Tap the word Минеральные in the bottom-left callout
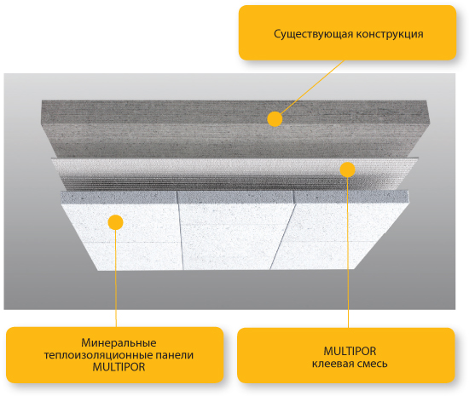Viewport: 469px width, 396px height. point(119,343)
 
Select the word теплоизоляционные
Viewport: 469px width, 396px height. point(98,355)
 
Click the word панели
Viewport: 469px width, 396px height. point(174,355)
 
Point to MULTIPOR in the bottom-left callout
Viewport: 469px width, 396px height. point(119,367)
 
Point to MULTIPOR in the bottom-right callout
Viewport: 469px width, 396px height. point(350,351)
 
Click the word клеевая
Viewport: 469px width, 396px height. point(333,364)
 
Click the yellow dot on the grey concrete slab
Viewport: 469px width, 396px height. point(275,119)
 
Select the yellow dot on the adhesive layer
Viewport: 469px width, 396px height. point(347,169)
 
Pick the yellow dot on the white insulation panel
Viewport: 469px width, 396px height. point(115,222)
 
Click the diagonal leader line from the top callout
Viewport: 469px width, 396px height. point(312,87)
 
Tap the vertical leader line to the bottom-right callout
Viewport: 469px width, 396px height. point(348,252)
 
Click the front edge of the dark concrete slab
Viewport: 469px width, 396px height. point(235,140)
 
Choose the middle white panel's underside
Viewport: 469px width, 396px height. point(234,236)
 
